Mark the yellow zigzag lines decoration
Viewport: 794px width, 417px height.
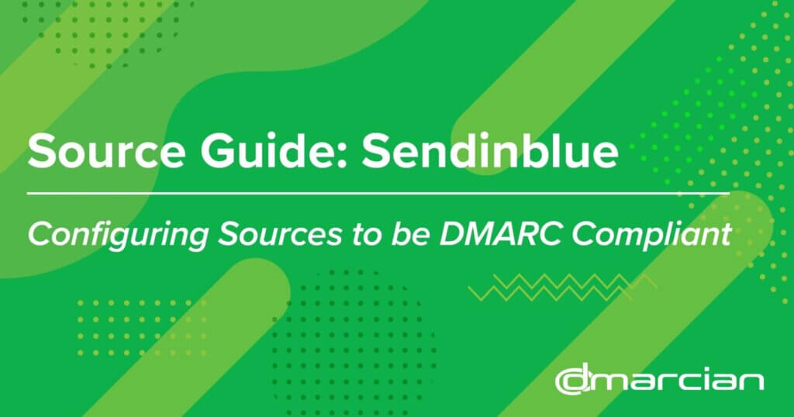pos(562,288)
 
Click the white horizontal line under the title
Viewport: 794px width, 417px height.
pos(378,193)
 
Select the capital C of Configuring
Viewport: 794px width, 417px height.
pos(40,234)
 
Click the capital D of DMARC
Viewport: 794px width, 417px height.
pos(453,234)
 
